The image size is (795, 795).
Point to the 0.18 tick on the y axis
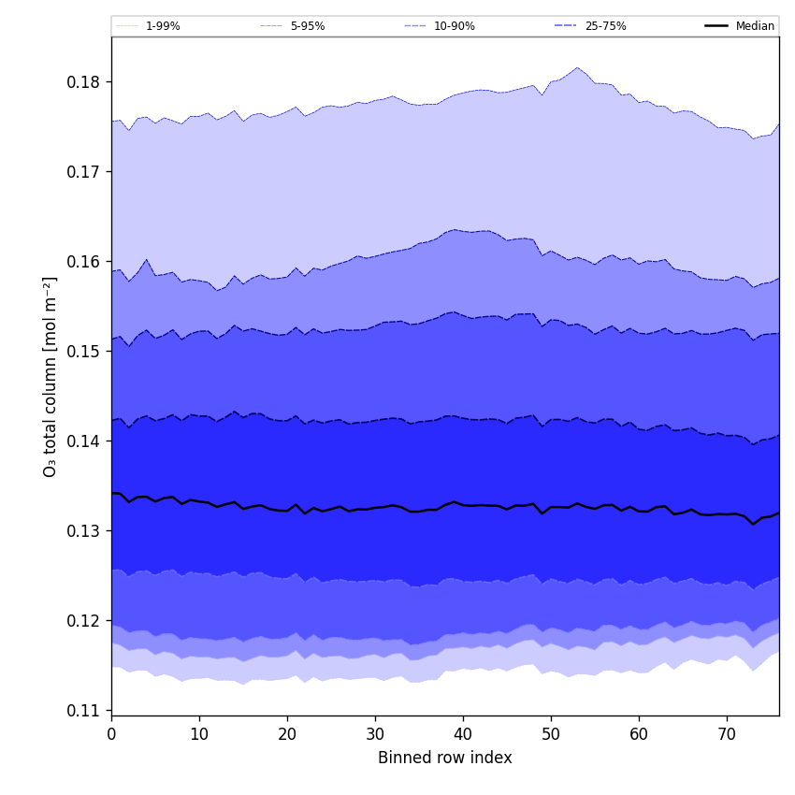[83, 82]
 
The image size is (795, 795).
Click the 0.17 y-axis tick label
[83, 172]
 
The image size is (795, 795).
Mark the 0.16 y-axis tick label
[83, 262]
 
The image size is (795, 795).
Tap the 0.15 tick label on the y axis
[83, 352]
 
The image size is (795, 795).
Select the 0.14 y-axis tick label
[83, 441]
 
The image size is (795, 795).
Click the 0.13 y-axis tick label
[83, 531]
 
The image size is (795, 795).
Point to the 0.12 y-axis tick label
[83, 621]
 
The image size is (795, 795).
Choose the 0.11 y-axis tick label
[83, 711]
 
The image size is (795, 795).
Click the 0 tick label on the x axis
[111, 734]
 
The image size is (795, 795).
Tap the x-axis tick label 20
[287, 734]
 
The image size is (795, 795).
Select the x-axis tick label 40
[463, 734]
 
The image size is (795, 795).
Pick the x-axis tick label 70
[727, 734]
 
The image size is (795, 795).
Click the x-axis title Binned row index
[445, 758]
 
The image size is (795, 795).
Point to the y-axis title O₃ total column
[51, 376]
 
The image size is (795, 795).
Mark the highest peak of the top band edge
[577, 67]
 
